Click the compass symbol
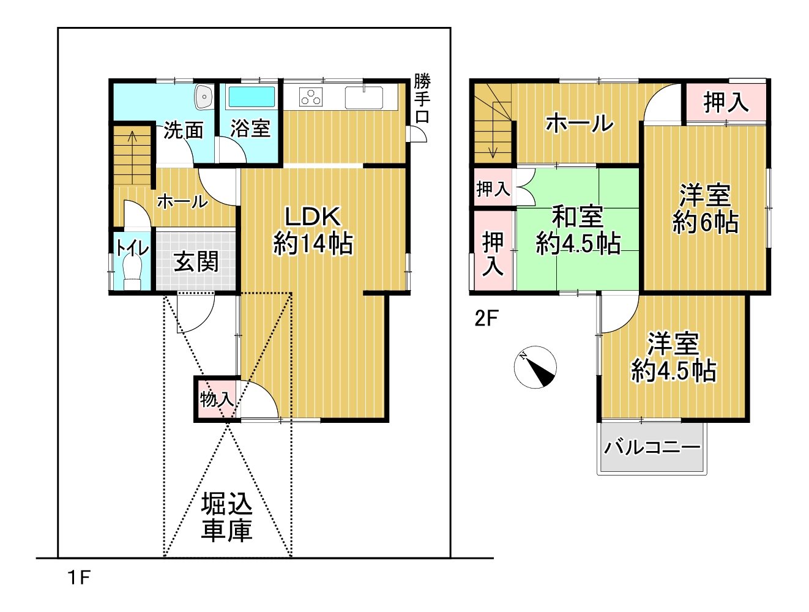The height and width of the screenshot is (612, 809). click(x=535, y=367)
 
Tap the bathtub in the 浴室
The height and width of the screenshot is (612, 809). click(x=252, y=97)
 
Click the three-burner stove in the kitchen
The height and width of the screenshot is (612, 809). click(x=311, y=97)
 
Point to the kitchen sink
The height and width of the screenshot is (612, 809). click(x=363, y=98)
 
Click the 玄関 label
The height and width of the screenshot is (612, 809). click(x=196, y=261)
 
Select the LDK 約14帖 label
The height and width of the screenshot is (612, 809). click(x=313, y=231)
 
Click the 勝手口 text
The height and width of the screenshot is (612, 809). click(x=422, y=98)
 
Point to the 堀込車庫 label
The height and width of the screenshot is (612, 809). click(x=226, y=518)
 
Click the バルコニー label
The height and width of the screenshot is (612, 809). click(x=652, y=447)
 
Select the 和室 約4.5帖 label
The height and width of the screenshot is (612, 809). click(x=578, y=230)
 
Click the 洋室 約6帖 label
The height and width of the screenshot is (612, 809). click(x=705, y=209)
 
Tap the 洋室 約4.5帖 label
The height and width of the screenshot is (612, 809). click(x=674, y=357)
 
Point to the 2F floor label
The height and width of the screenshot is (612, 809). click(x=486, y=318)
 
